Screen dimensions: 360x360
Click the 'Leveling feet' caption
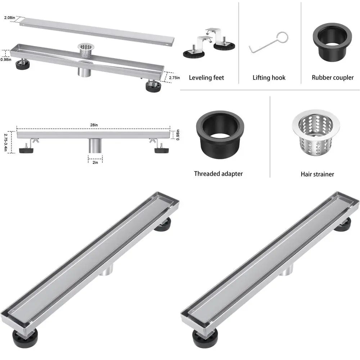pos(206,78)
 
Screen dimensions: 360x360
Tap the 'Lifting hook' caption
pos(269,78)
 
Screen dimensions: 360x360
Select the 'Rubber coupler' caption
pos(333,78)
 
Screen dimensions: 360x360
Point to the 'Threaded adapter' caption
pos(218,174)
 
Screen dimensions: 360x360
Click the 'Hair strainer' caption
pos(317,174)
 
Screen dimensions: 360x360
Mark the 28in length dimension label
pos(94,125)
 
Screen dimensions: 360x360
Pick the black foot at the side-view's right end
pos(161,149)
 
